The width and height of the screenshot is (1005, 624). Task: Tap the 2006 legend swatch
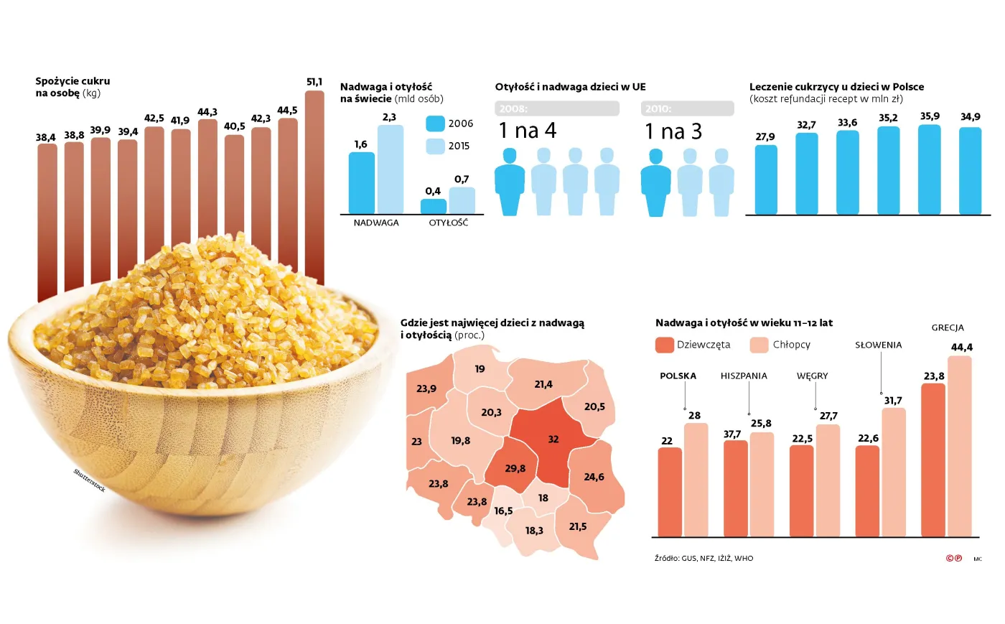tap(435, 124)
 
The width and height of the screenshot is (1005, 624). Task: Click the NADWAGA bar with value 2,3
tap(390, 169)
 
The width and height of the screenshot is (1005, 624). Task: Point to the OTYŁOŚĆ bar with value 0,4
tap(433, 206)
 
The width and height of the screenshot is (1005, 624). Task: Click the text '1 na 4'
tap(528, 131)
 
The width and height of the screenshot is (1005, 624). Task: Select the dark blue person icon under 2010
tap(655, 182)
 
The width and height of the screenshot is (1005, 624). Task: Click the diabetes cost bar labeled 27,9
tap(766, 180)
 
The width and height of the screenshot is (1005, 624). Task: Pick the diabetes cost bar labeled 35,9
tap(930, 169)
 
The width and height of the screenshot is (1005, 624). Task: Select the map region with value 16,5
tap(503, 511)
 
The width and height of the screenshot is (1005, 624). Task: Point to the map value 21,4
tap(543, 384)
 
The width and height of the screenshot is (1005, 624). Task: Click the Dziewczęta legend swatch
tap(664, 345)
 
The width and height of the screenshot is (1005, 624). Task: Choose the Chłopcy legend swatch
tap(759, 345)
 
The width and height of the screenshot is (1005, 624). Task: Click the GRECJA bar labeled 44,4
tap(959, 446)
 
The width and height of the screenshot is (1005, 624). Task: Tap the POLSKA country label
tap(678, 376)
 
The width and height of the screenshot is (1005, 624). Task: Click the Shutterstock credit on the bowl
tap(90, 480)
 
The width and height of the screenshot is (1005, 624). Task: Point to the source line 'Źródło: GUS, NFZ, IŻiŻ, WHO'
tap(703, 558)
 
